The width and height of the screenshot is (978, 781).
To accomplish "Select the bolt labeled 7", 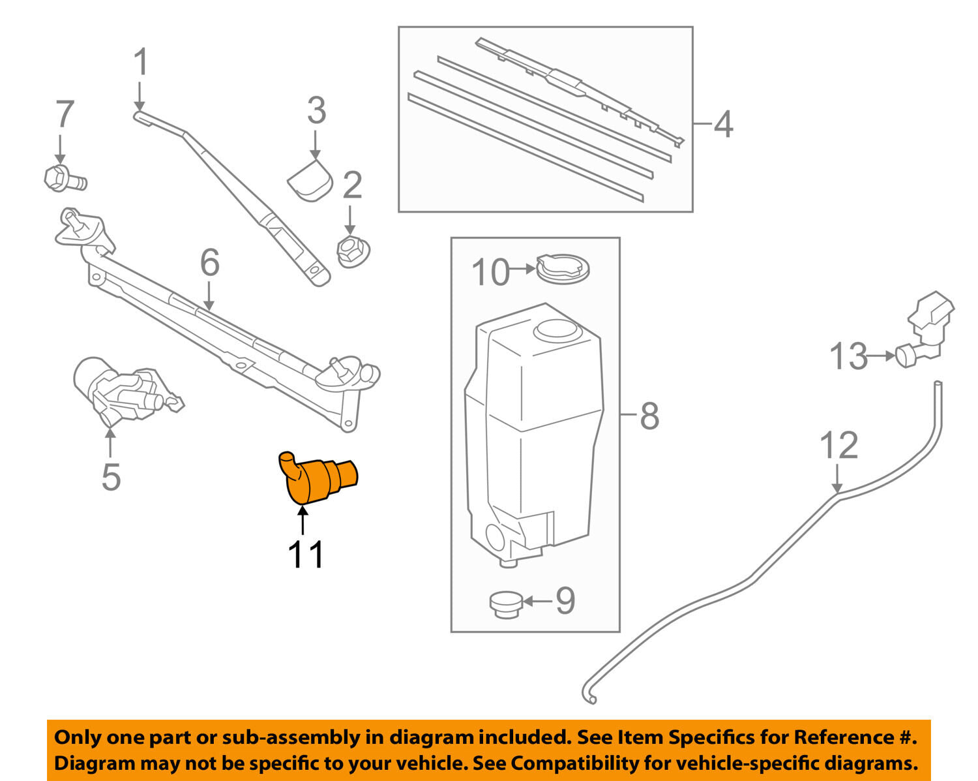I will (63, 177).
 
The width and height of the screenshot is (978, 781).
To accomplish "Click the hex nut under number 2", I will (352, 250).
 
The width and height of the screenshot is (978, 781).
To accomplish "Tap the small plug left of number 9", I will (505, 603).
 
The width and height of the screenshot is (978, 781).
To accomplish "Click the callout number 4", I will (723, 124).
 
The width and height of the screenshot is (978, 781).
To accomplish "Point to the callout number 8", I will (649, 415).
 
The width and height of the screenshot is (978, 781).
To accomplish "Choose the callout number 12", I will (838, 446).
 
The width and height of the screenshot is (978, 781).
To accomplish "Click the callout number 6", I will (209, 263).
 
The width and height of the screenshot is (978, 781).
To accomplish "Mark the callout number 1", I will (141, 63).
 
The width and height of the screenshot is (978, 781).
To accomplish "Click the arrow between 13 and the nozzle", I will (882, 356).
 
